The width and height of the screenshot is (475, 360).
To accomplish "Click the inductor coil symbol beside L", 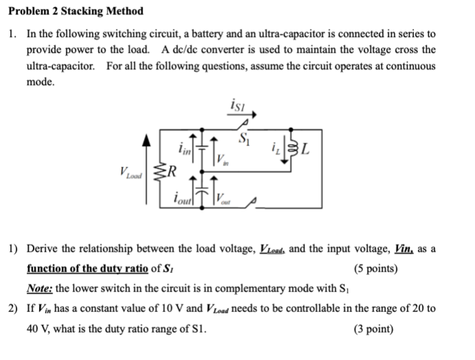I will pos(295,147).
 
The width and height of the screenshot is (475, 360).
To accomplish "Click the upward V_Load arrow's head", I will pos(145,139).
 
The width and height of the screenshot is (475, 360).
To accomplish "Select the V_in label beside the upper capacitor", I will pos(221,159).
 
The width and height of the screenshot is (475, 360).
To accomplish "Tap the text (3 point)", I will pos(373,328).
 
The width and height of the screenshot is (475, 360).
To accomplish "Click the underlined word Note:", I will pos(40,288).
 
